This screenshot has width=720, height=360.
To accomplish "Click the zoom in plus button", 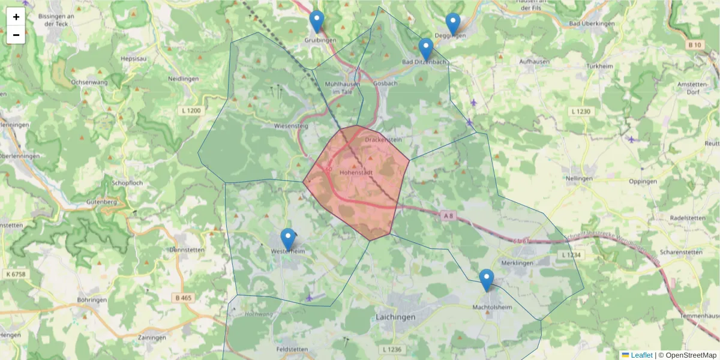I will pyautogui.click(x=16, y=17).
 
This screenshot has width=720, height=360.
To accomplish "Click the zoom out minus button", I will pyautogui.click(x=16, y=35).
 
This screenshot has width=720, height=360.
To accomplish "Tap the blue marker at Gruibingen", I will pyautogui.click(x=316, y=22).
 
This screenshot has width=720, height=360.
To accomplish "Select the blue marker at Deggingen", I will pyautogui.click(x=453, y=24).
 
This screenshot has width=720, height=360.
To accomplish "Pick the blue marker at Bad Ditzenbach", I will pyautogui.click(x=425, y=50).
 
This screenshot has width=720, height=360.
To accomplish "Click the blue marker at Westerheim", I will pyautogui.click(x=288, y=239).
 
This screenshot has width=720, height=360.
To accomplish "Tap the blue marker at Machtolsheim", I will pyautogui.click(x=486, y=280).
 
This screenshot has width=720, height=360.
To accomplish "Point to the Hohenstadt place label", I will pyautogui.click(x=357, y=172).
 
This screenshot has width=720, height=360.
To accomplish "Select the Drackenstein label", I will pyautogui.click(x=383, y=140).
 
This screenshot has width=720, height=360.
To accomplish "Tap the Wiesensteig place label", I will pyautogui.click(x=290, y=127).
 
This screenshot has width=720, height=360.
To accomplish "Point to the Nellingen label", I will pyautogui.click(x=579, y=179).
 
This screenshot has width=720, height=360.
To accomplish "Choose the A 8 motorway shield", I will pyautogui.click(x=449, y=215).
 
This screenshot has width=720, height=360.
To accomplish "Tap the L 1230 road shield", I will pyautogui.click(x=581, y=111).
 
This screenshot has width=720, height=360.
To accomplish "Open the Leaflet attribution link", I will pyautogui.click(x=641, y=355).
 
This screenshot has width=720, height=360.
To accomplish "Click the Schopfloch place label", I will pyautogui.click(x=127, y=182).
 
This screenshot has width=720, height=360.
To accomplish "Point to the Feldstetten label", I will pyautogui.click(x=292, y=349).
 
